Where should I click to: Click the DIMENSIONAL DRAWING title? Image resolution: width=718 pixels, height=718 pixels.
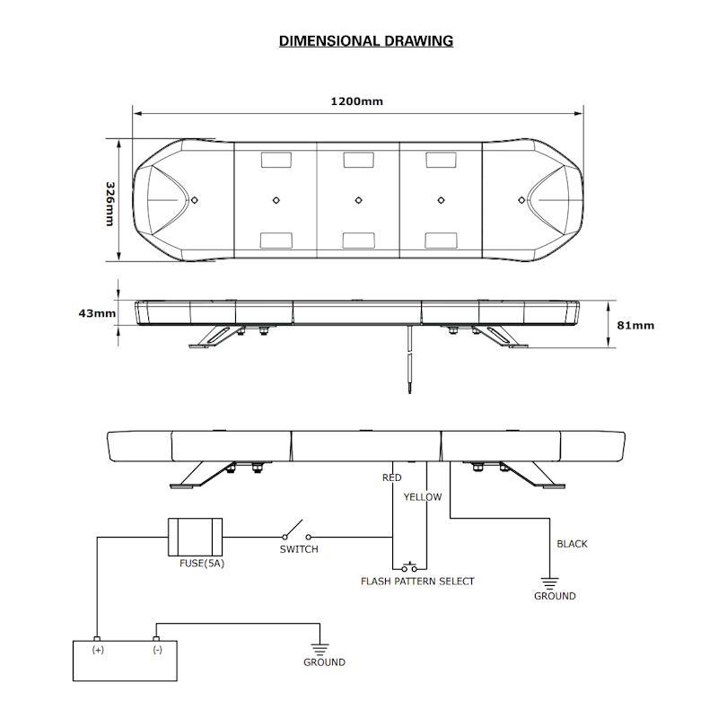tap(365, 40)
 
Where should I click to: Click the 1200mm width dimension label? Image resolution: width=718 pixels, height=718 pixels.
tap(356, 101)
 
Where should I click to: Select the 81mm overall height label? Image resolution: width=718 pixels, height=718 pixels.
tap(636, 325)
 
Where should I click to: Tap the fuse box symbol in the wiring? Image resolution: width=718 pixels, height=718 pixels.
tap(195, 537)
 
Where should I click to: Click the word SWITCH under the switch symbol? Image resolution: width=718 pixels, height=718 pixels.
tap(299, 549)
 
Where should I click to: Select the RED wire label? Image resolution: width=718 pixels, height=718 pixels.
tap(392, 478)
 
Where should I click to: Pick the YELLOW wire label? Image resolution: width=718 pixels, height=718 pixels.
tap(423, 496)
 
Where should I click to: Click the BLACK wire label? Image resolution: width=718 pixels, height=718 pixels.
tap(573, 544)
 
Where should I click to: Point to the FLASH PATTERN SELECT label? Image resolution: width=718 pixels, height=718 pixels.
tap(417, 582)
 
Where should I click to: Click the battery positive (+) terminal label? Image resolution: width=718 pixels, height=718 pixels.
tap(98, 649)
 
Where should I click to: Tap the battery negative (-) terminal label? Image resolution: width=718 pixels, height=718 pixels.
tap(157, 649)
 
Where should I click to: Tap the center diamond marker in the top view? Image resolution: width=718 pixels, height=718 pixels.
tap(358, 199)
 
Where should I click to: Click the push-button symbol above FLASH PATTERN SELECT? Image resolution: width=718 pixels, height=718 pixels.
tap(410, 566)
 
